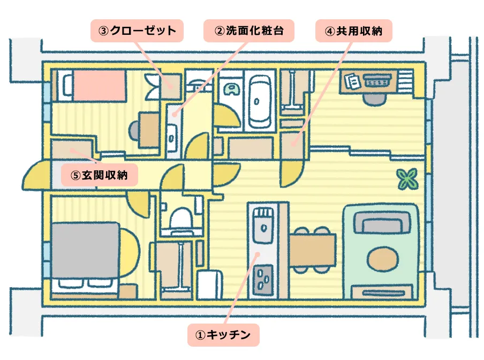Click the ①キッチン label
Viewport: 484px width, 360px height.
tap(223, 335)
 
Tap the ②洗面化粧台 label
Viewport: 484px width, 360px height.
tap(248, 31)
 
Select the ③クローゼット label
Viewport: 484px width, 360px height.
tap(137, 31)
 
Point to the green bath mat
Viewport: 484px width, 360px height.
tap(231, 88)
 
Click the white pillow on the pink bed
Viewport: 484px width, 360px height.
tap(66, 85)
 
